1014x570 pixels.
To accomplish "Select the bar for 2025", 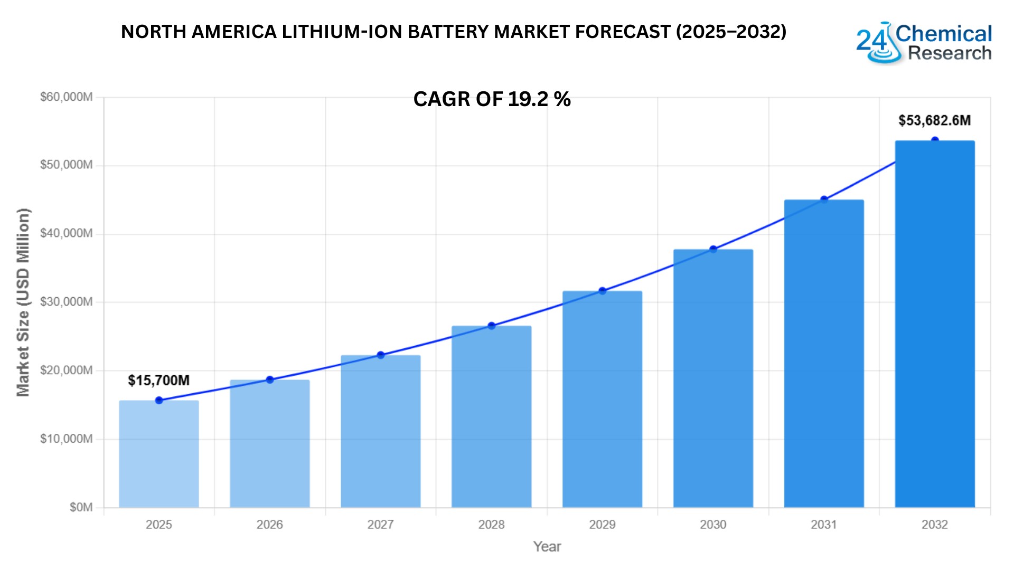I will (x=159, y=454).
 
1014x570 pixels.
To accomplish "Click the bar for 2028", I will (x=491, y=417).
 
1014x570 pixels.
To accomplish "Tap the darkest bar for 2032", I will (x=935, y=324).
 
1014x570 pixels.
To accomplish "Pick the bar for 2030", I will (x=713, y=378).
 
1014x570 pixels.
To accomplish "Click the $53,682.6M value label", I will (x=934, y=121).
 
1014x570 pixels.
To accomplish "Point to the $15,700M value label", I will (x=158, y=381).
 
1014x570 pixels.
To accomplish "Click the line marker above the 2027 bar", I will (x=381, y=355).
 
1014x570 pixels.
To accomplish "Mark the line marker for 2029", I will (x=602, y=291).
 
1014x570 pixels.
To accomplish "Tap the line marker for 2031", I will (x=824, y=199).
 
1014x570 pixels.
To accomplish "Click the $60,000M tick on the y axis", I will (x=67, y=97).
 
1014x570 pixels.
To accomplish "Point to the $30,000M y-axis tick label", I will (x=67, y=302).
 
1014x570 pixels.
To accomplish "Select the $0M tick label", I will (x=81, y=508).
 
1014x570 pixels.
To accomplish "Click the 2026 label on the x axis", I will (x=269, y=525).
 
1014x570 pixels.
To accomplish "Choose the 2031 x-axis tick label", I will (x=824, y=525).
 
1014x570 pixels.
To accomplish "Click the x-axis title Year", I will (x=547, y=547).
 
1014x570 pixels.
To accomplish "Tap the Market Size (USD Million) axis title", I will (x=23, y=302).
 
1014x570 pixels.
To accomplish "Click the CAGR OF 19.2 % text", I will (x=492, y=99).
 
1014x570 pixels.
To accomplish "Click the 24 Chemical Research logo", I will (x=924, y=43).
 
